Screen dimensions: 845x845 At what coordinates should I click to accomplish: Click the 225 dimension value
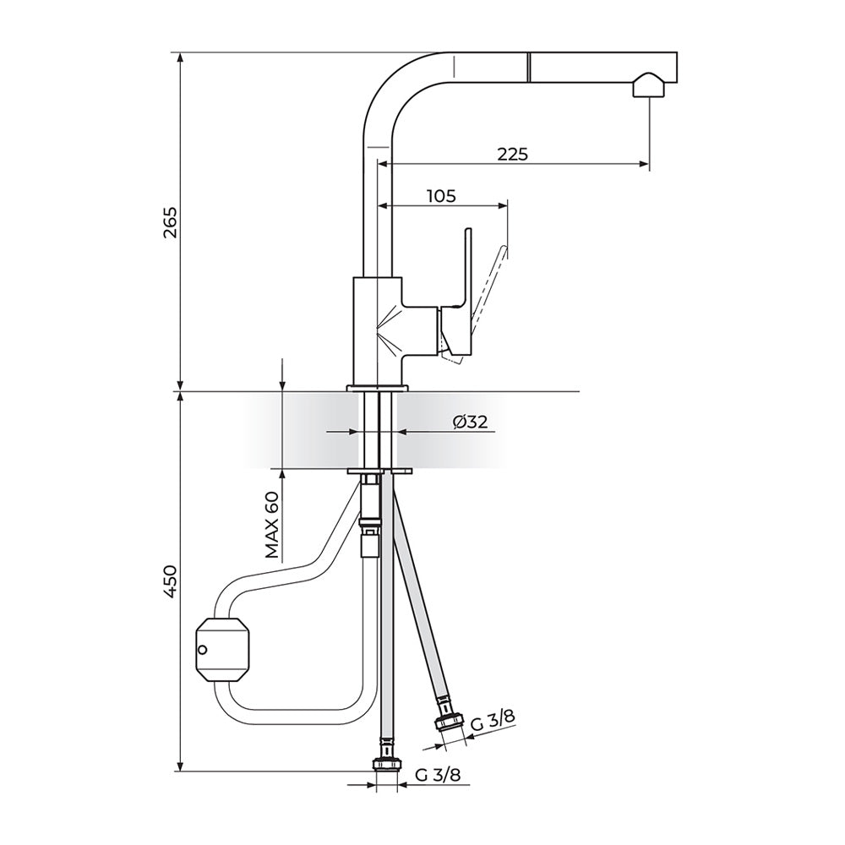coord(513,155)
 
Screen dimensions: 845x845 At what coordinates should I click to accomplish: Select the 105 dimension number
coord(441,196)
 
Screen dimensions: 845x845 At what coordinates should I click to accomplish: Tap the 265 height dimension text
coord(171,221)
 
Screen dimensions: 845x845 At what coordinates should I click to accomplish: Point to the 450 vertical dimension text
coord(171,581)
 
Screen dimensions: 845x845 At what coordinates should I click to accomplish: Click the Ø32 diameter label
coord(470,422)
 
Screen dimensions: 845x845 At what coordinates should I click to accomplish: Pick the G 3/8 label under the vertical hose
coord(438,775)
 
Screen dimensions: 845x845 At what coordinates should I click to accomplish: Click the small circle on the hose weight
coord(202,649)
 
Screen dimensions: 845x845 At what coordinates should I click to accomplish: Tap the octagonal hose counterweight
coord(222,649)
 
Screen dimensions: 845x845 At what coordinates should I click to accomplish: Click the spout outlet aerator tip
coord(649,87)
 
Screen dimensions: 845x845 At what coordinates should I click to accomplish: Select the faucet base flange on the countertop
coord(377,388)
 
